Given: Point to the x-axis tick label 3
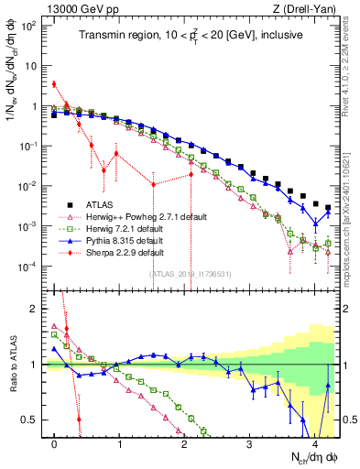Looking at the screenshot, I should pyautogui.click(x=249, y=443).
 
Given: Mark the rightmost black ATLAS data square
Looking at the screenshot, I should pyautogui.click(x=328, y=208).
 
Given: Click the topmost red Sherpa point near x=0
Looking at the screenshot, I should pyautogui.click(x=54, y=84).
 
